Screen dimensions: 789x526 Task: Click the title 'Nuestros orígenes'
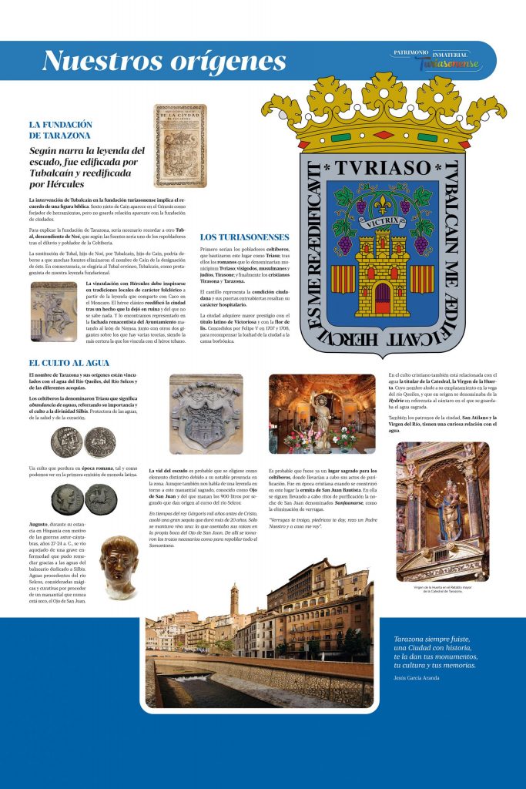(x=163, y=61)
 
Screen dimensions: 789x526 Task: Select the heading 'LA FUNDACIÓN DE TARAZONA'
(x=61, y=129)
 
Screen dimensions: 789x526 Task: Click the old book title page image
(x=179, y=146)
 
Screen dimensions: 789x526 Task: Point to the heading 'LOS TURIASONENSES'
(x=244, y=237)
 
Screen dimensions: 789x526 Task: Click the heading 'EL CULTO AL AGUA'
(x=69, y=362)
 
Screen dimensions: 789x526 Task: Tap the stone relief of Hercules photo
(x=54, y=311)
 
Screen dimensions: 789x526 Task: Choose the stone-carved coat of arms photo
(x=206, y=413)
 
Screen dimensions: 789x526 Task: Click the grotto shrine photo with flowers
(x=322, y=413)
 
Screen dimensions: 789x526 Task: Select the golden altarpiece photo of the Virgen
(x=442, y=511)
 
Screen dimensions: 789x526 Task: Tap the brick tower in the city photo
(x=234, y=598)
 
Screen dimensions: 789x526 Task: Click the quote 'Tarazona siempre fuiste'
(x=431, y=640)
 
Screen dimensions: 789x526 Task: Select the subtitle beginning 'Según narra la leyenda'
(x=87, y=168)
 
